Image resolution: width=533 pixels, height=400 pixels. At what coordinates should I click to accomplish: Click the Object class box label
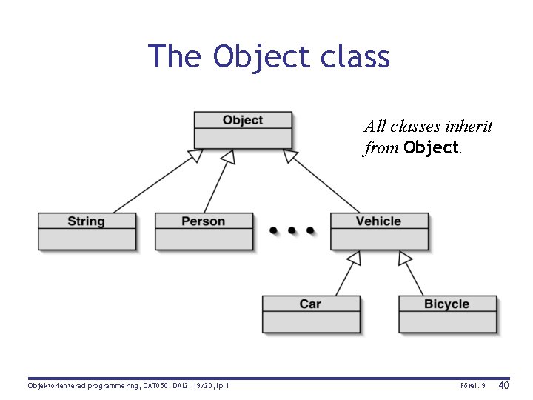[x=243, y=120]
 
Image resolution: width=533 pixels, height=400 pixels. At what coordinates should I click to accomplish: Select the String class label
[x=87, y=221]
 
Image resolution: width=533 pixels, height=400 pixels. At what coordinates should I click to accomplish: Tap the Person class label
[x=204, y=221]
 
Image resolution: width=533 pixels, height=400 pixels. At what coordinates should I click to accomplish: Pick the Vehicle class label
[x=378, y=221]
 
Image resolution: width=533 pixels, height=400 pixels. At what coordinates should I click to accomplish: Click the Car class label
[x=310, y=304]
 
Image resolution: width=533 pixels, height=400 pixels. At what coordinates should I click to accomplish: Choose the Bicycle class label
[x=446, y=304]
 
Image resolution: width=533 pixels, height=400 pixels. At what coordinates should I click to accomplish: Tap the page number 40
[x=503, y=385]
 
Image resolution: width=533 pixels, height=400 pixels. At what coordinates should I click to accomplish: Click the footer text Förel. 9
[x=472, y=386]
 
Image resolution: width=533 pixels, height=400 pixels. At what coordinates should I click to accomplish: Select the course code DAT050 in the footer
[x=156, y=386]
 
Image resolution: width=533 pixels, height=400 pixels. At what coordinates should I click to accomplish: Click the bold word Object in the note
[x=432, y=147]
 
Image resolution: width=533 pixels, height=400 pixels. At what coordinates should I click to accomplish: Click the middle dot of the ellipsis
[x=292, y=230]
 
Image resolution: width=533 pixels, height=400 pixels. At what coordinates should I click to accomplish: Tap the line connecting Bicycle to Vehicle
[x=412, y=276]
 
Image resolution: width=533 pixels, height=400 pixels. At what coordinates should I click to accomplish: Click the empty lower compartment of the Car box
[x=311, y=322]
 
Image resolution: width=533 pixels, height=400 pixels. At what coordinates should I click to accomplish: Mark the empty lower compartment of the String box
[x=87, y=239]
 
